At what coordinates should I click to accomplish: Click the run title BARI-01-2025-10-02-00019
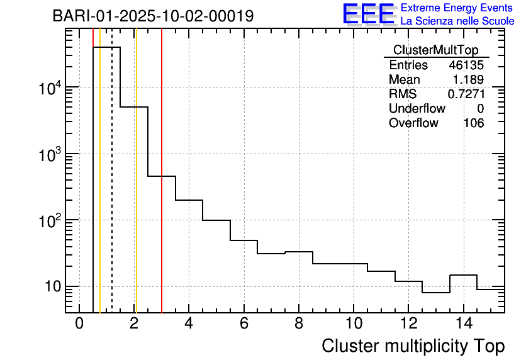[x=153, y=16]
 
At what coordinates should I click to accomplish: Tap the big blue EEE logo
[x=369, y=14]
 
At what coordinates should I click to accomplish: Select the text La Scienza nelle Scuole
[x=457, y=21]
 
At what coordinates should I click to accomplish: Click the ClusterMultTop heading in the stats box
[x=435, y=50]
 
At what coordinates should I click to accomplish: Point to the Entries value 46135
[x=466, y=65]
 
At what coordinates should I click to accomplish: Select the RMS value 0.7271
[x=466, y=94]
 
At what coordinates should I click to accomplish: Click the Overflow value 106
[x=473, y=123]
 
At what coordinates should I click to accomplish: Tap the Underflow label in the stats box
[x=417, y=109]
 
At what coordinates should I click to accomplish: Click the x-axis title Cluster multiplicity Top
[x=413, y=346]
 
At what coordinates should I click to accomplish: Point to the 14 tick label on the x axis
[x=463, y=324]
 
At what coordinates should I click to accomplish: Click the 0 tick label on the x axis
[x=79, y=324]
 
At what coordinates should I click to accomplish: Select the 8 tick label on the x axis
[x=299, y=324]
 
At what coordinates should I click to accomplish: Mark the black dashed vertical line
[x=112, y=189]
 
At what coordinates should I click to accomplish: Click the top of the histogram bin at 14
[x=463, y=275]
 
